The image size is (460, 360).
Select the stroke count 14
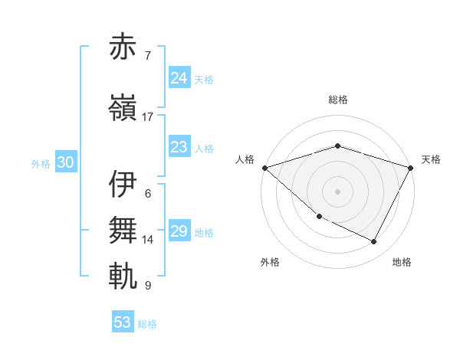[x=148, y=240]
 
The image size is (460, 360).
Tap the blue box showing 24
[x=179, y=77]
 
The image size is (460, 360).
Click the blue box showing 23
[x=179, y=147]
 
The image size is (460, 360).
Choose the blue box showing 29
[x=179, y=231]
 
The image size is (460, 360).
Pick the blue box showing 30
[x=65, y=162]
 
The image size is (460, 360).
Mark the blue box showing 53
[x=123, y=322]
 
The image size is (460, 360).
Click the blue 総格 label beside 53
[x=148, y=323]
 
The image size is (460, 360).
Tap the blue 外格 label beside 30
[x=41, y=163]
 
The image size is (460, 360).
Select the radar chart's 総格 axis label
[x=338, y=100]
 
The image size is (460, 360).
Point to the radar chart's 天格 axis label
[x=431, y=159]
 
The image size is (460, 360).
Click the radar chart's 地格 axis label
[x=402, y=262]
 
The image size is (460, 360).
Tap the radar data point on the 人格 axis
[x=264, y=168]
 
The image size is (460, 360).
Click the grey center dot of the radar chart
[x=338, y=191]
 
